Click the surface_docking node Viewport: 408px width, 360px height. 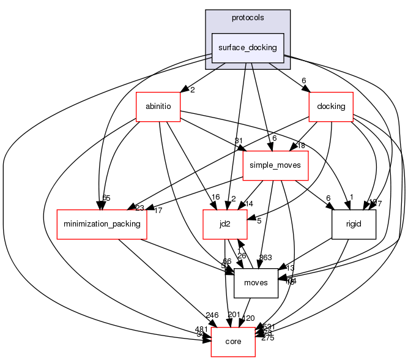[x=247, y=47]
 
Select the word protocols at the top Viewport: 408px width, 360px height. [x=247, y=17]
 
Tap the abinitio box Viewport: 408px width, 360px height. [x=158, y=107]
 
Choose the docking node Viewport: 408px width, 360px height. [x=331, y=107]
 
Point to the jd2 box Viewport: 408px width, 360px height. [x=224, y=224]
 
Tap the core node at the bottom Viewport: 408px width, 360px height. [x=233, y=343]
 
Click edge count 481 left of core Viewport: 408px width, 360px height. [x=201, y=329]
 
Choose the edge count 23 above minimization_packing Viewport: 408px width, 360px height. [x=140, y=208]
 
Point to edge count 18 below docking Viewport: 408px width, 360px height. [x=300, y=145]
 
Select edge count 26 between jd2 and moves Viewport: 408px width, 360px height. [x=241, y=256]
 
